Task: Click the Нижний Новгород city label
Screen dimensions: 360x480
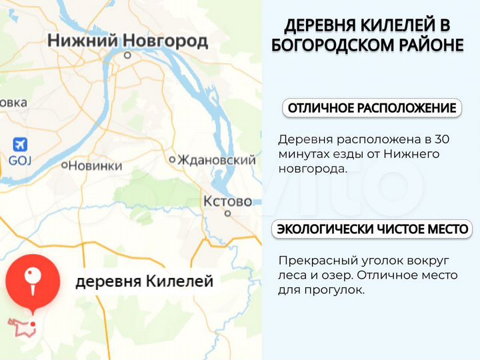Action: point(127,41)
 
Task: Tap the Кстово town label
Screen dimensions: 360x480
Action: point(227,201)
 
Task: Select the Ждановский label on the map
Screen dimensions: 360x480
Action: point(216,160)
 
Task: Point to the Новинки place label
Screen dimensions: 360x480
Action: point(95,165)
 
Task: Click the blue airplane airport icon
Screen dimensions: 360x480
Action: point(20,144)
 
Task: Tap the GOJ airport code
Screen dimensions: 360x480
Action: point(20,161)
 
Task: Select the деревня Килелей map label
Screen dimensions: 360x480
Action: point(144,281)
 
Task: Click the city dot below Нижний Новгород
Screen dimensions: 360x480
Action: point(127,56)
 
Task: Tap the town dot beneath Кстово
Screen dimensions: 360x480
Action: point(227,214)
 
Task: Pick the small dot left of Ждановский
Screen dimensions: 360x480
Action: point(172,159)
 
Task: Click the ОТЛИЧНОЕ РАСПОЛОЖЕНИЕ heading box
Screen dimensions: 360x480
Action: point(372,108)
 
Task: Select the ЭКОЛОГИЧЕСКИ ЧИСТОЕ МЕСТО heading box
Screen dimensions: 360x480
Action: point(372,229)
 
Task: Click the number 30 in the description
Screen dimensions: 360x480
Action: point(441,140)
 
